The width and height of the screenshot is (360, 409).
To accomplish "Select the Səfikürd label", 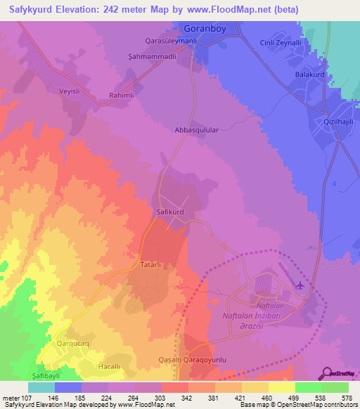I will pyautogui.click(x=168, y=211).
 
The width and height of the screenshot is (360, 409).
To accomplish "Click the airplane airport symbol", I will pyautogui.click(x=302, y=285).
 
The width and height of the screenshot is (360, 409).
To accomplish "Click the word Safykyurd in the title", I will pyautogui.click(x=33, y=9).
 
